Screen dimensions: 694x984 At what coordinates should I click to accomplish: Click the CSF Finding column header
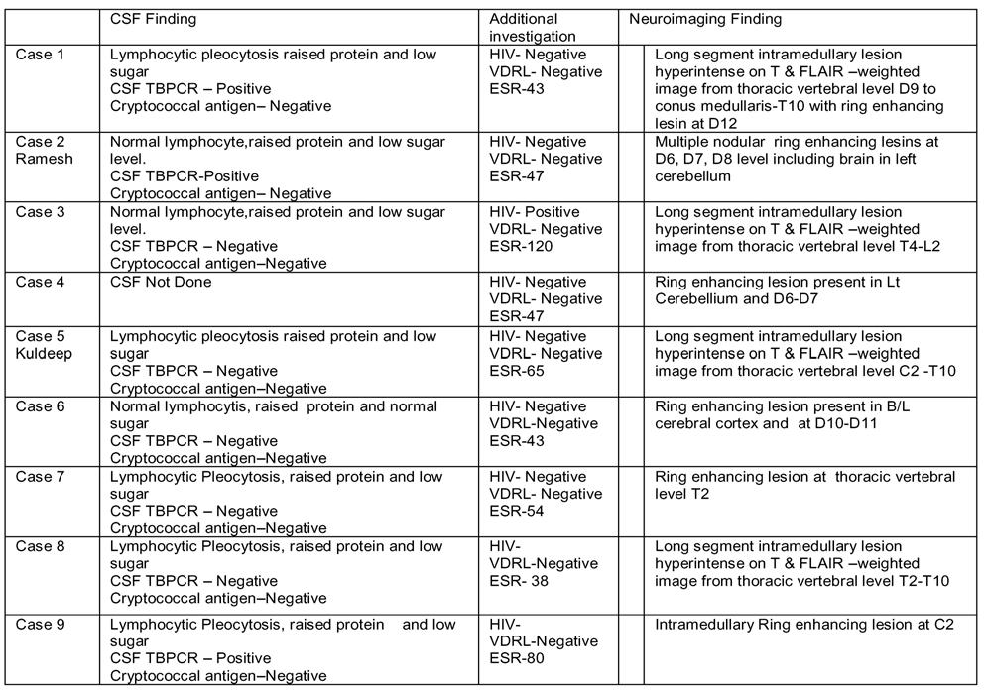pos(153,19)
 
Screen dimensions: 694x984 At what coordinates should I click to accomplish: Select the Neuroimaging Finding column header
pos(705,19)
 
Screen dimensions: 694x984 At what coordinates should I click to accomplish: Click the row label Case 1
pos(40,55)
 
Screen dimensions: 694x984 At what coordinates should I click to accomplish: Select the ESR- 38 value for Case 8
pos(520,581)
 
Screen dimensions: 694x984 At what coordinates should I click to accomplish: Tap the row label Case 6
pos(40,406)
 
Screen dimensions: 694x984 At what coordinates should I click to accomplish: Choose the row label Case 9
pos(40,625)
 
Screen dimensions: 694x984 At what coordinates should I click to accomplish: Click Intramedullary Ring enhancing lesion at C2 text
pos(804,626)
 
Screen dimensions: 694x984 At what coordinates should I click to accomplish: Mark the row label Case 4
pos(40,283)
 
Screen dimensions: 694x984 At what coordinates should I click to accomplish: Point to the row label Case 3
pos(40,212)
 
